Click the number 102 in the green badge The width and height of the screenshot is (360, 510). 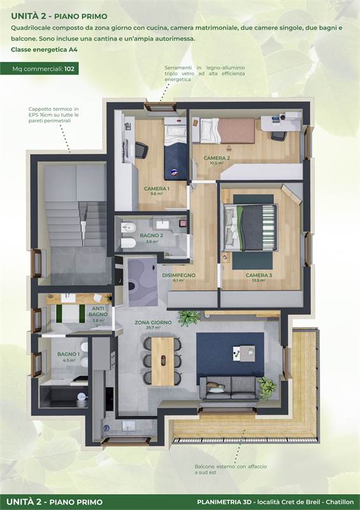click(x=69, y=69)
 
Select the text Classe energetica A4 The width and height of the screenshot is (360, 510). click(x=44, y=50)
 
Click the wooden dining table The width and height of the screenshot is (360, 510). click(x=162, y=361)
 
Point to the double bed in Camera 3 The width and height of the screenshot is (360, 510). click(x=250, y=228)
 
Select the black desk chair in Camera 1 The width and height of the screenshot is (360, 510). click(x=141, y=150)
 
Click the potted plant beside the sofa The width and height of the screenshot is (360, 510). click(x=268, y=387)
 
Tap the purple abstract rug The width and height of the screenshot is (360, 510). click(x=143, y=282)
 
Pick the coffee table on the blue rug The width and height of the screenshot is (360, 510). click(x=244, y=354)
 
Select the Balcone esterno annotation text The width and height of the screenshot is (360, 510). click(x=231, y=469)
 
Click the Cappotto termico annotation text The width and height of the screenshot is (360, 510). click(x=54, y=115)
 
